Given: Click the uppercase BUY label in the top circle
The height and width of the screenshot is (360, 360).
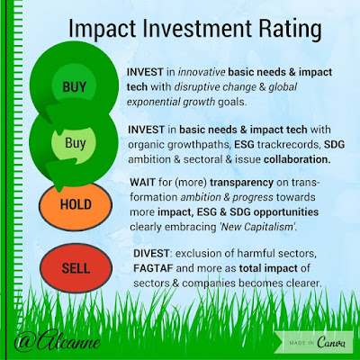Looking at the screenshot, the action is (74, 87).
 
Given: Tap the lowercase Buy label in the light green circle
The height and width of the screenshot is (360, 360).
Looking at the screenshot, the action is (76, 143).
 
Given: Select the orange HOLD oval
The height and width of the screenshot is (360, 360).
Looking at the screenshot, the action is (76, 206).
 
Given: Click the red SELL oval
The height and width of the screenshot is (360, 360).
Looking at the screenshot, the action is (76, 268).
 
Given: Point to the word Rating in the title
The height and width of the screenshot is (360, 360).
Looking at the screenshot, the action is (290, 30).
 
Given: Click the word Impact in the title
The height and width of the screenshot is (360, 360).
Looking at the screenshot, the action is (103, 30).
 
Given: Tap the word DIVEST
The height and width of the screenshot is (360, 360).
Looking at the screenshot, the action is (151, 254).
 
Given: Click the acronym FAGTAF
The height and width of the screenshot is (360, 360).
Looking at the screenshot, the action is (153, 268).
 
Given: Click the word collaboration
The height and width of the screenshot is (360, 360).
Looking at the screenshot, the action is (297, 159).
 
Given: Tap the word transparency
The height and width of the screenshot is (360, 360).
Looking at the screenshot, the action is (242, 183).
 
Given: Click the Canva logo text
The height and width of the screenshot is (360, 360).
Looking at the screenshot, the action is (331, 342).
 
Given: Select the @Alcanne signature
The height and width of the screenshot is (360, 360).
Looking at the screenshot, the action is (57, 341).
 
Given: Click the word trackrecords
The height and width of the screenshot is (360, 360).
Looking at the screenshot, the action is (288, 145).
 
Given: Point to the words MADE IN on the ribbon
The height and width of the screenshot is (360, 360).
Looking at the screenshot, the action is (301, 343).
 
